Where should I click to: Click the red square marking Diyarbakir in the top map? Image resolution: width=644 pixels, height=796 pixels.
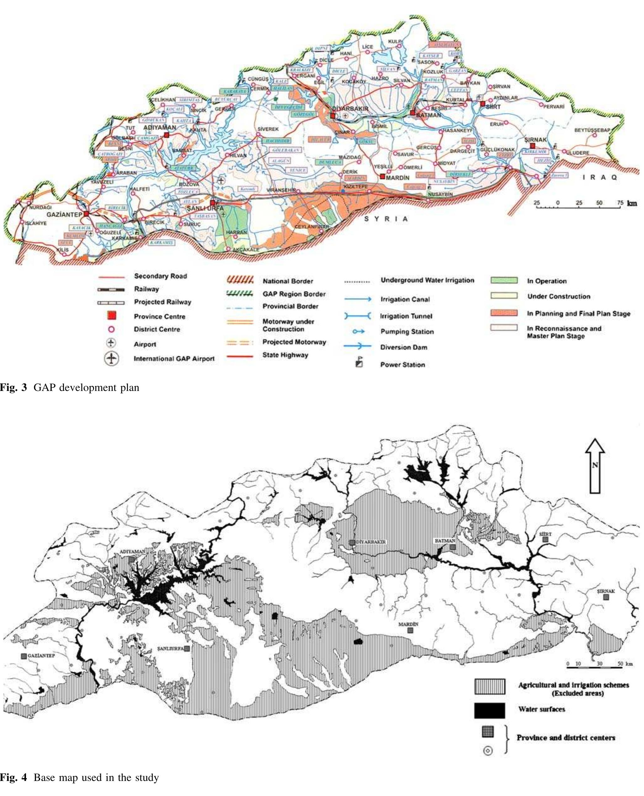tap(333, 116)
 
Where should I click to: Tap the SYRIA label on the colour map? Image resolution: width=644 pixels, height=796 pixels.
tap(386, 219)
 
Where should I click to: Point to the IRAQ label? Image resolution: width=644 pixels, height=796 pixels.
tap(599, 177)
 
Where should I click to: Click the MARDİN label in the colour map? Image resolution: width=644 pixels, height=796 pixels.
tap(397, 178)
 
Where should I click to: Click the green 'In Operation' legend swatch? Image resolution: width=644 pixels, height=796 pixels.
tap(504, 281)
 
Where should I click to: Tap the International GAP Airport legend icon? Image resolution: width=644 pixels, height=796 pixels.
tap(111, 358)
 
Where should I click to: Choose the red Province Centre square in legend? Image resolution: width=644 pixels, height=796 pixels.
tap(111, 316)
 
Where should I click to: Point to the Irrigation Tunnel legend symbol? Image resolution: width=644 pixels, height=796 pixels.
tap(358, 316)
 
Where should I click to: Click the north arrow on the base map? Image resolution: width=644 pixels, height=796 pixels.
tap(595, 466)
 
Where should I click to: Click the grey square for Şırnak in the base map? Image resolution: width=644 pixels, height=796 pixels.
tap(606, 597)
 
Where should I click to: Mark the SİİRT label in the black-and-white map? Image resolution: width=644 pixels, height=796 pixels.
tap(545, 534)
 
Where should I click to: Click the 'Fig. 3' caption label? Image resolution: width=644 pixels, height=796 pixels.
tap(14, 388)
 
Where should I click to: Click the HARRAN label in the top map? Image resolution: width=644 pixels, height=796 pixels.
tap(236, 232)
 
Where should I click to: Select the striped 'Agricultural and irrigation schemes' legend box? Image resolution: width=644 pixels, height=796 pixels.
tap(489, 687)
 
